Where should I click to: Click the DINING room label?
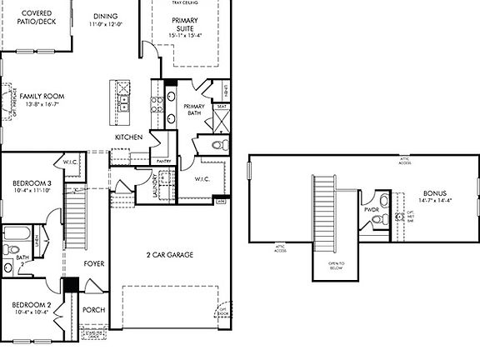point(105,17)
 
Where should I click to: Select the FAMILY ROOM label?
point(42,97)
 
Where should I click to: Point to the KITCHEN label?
point(128,137)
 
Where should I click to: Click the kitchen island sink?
point(122,102)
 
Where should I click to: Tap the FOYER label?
point(94,264)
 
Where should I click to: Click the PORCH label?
point(93,310)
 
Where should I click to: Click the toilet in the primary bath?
point(218,145)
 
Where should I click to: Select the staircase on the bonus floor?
point(323,212)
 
